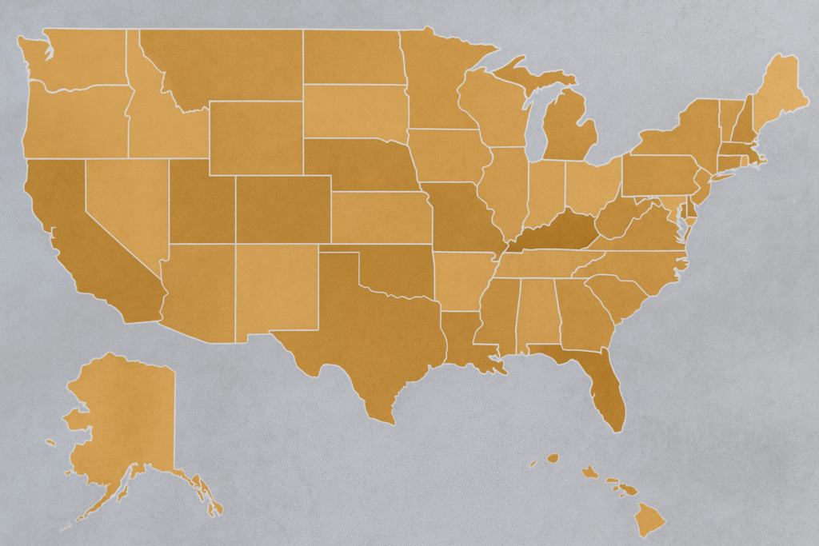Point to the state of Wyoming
[256, 137]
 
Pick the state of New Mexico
[276, 288]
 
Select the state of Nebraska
[356, 164]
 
